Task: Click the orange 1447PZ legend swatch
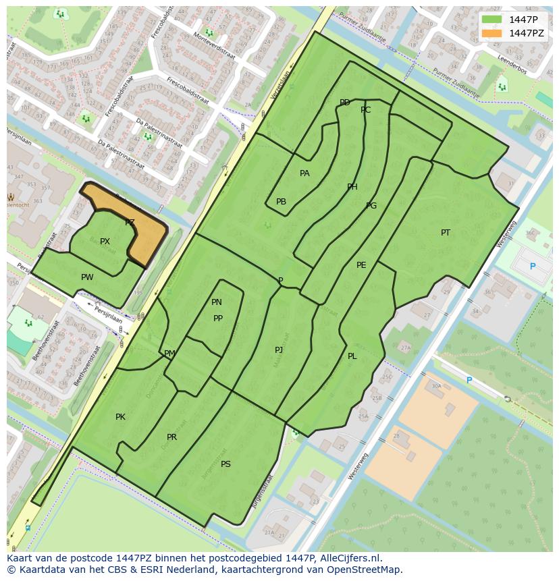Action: tap(491, 33)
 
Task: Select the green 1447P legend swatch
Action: tap(491, 20)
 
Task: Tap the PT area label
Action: tap(446, 233)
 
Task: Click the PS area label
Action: tap(225, 464)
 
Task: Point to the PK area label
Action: tap(120, 417)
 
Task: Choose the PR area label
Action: tap(171, 437)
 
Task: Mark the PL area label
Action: tap(352, 356)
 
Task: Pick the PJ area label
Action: tap(279, 350)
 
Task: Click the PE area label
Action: tap(361, 265)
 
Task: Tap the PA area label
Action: tap(304, 173)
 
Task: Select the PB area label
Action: tap(281, 202)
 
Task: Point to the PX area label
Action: tap(105, 242)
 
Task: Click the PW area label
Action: tap(87, 277)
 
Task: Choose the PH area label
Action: tap(352, 187)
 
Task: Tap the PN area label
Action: tap(217, 302)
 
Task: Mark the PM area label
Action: tap(169, 354)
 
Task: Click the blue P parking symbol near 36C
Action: tap(533, 267)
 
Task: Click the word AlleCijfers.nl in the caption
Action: tap(350, 558)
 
